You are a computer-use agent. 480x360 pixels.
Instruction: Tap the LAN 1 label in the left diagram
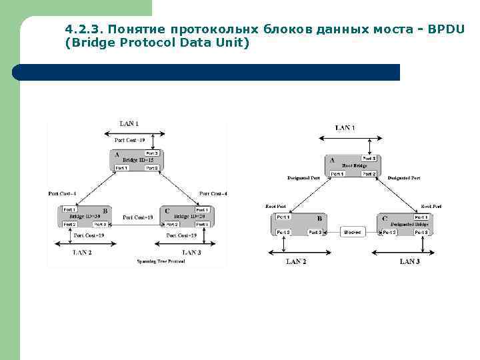tap(129, 123)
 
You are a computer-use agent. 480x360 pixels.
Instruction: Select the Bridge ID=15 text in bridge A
tap(138, 161)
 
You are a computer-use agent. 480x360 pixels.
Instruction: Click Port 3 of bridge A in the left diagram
tap(152, 153)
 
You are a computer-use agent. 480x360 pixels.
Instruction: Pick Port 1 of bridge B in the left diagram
tap(70, 210)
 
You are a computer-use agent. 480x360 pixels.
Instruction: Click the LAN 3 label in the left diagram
tap(191, 253)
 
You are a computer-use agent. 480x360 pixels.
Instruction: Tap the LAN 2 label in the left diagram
tap(82, 253)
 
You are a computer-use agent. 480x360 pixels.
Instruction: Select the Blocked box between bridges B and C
tap(352, 232)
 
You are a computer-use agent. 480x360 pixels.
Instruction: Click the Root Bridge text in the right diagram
tap(353, 165)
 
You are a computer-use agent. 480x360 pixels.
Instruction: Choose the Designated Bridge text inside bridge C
tap(409, 225)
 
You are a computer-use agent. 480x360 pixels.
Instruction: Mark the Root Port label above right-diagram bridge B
tap(275, 207)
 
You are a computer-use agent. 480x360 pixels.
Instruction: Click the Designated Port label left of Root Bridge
tap(303, 178)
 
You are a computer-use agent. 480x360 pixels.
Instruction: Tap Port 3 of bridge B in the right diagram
tap(315, 232)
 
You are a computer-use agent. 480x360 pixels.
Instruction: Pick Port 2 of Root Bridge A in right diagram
tap(369, 174)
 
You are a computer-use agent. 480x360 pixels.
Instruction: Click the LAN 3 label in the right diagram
tap(409, 261)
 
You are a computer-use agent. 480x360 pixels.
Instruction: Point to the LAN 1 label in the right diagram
tap(345, 127)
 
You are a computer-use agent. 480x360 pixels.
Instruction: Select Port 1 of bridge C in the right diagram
tap(421, 217)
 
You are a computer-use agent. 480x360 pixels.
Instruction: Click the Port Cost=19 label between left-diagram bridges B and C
tap(139, 217)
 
